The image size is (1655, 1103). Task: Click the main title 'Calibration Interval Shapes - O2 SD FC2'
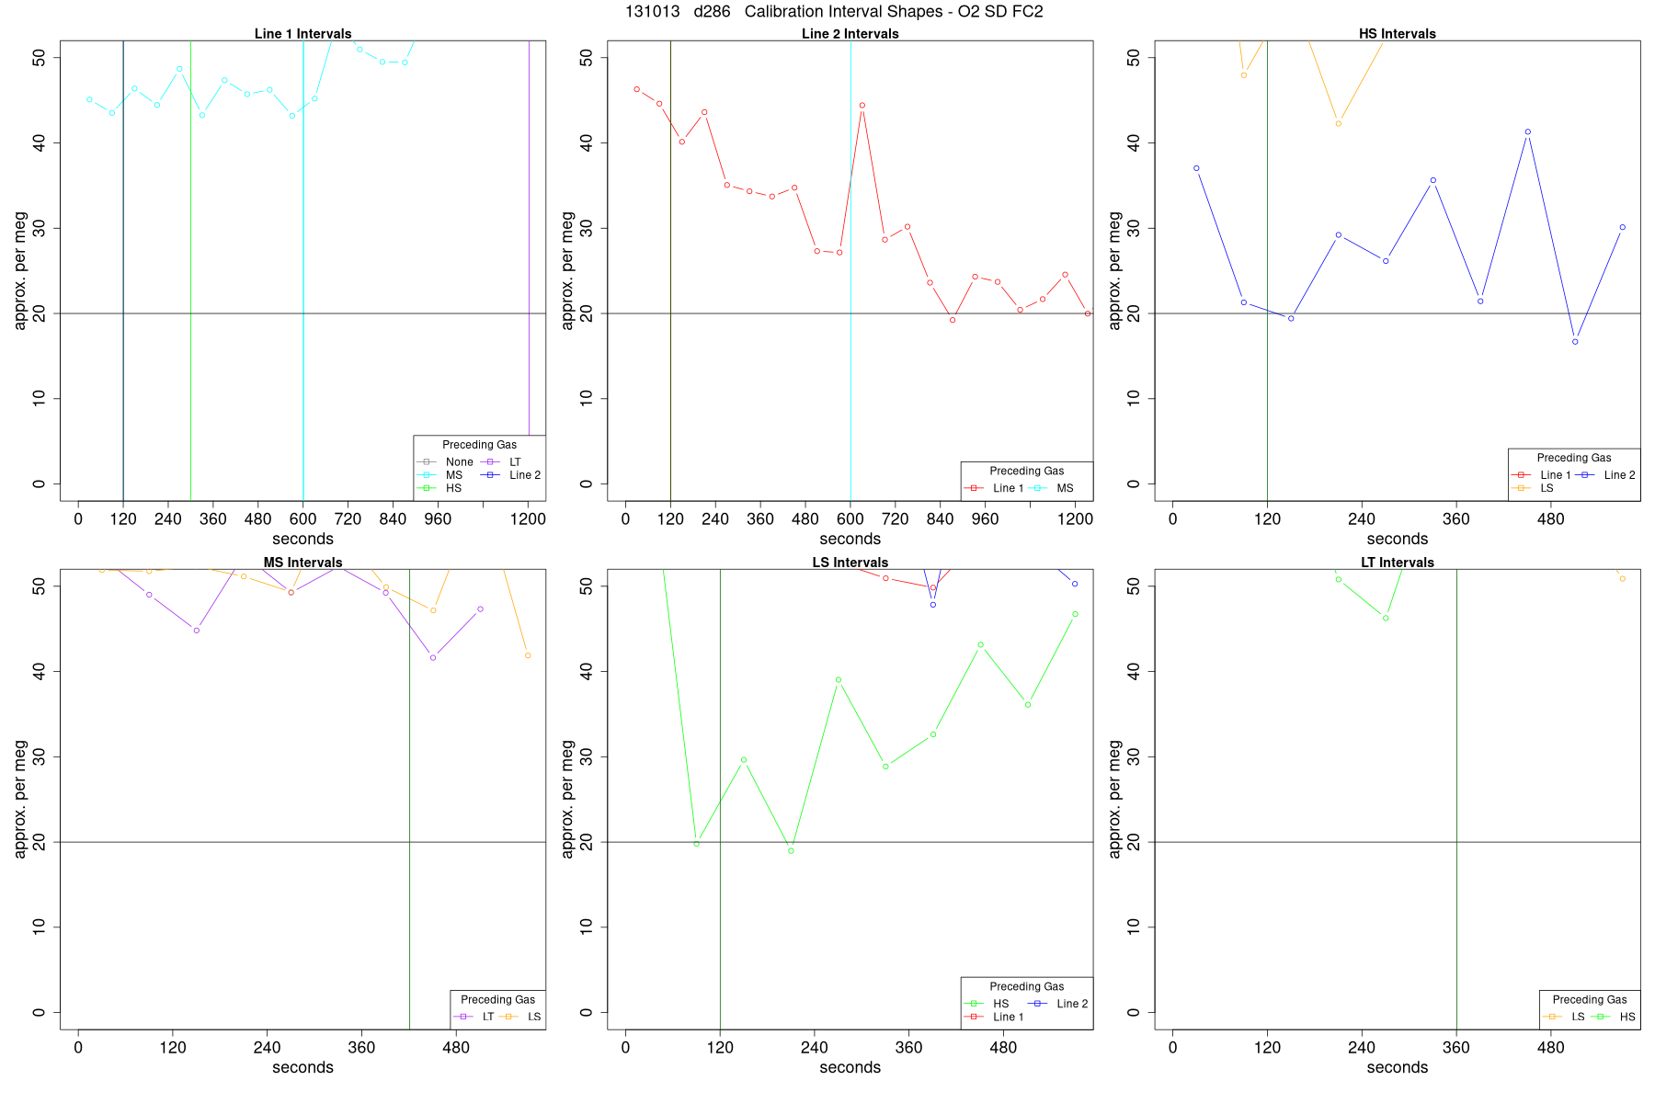point(893,12)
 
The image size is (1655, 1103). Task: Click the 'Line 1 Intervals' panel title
point(302,34)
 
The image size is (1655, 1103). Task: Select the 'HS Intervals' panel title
point(1397,34)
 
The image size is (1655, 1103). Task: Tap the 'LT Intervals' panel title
point(1397,563)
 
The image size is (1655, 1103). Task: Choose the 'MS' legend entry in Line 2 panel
point(1064,488)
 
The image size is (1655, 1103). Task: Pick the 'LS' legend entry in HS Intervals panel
point(1547,488)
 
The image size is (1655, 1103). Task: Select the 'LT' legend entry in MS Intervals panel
point(487,1017)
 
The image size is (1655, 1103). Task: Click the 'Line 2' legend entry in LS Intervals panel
point(1072,1004)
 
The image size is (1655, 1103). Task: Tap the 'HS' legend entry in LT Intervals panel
point(1626,1017)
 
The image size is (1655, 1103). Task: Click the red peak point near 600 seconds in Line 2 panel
point(862,106)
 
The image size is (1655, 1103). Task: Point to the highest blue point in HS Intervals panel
point(1527,132)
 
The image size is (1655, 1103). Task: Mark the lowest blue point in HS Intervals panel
point(1575,342)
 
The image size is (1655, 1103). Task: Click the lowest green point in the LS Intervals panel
point(791,851)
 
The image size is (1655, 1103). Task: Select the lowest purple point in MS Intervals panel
point(433,657)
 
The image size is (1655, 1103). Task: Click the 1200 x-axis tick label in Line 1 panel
point(528,519)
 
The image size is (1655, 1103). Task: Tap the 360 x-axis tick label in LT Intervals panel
point(1456,1048)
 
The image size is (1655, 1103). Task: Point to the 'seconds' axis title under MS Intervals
point(302,1068)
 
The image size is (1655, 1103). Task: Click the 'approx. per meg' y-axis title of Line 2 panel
point(567,270)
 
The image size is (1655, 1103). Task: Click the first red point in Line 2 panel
point(636,89)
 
